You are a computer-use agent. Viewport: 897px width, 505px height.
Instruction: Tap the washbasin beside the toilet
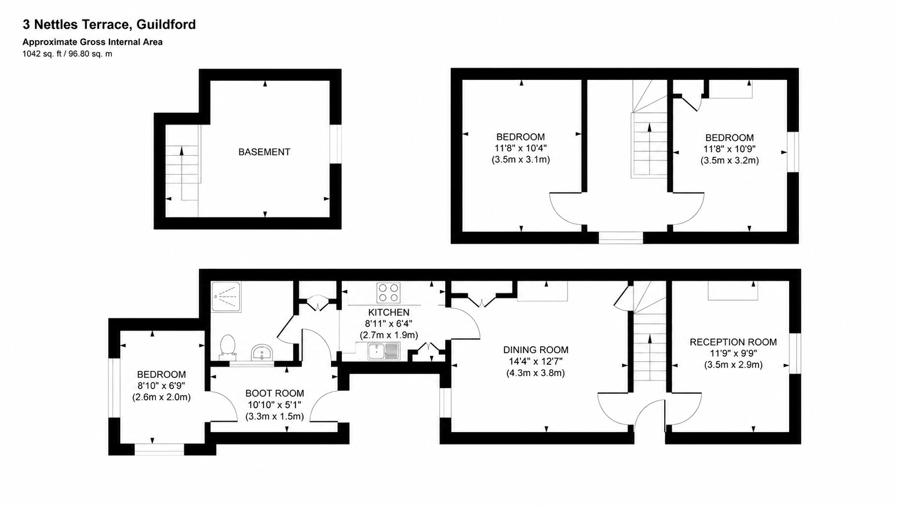[x=262, y=353]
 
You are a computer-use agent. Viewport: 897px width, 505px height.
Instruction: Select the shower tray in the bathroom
[x=226, y=297]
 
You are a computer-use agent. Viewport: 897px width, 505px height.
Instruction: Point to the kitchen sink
[x=384, y=351]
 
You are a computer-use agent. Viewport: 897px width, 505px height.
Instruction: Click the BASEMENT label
[x=264, y=152]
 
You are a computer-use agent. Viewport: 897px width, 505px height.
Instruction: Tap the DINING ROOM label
[x=536, y=350]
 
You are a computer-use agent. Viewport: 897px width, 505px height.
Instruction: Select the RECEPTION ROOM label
[x=733, y=342]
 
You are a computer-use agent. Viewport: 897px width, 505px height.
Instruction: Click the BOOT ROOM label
[x=275, y=393]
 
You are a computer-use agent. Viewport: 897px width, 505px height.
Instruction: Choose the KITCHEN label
[x=389, y=312]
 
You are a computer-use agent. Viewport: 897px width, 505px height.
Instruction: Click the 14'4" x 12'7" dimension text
[x=536, y=361]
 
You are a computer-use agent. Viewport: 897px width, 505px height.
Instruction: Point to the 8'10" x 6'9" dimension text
[x=161, y=386]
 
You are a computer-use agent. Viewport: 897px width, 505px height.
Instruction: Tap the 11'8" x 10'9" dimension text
[x=730, y=149]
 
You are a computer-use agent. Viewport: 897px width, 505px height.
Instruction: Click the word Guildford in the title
[x=166, y=25]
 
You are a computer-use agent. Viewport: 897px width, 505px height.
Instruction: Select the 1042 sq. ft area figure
[x=42, y=54]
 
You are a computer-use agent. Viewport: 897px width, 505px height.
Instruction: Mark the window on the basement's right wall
[x=336, y=144]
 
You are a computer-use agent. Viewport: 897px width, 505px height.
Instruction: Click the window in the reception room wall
[x=795, y=353]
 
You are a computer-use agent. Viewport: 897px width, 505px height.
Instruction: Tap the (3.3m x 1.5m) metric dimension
[x=275, y=416]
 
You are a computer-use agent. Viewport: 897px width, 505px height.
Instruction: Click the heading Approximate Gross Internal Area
[x=92, y=42]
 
